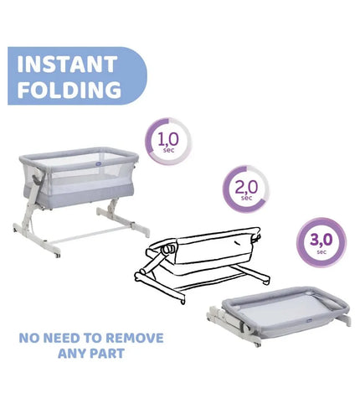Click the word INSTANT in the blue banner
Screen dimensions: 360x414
(x=67, y=65)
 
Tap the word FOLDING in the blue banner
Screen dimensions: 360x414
(x=69, y=90)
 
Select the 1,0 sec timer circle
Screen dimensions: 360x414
(x=168, y=142)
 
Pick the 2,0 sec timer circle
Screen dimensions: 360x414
(x=246, y=189)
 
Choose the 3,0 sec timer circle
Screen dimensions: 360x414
(x=321, y=242)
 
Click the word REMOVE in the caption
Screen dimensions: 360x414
(x=135, y=338)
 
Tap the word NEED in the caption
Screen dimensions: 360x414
(x=58, y=338)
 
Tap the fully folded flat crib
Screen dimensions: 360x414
(x=279, y=315)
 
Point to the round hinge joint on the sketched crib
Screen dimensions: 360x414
(x=169, y=249)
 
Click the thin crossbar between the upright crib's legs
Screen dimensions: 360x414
(x=90, y=234)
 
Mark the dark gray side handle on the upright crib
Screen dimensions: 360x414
(x=38, y=180)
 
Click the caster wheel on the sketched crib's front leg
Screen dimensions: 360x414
(x=183, y=302)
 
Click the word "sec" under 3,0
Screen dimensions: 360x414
(x=321, y=252)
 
